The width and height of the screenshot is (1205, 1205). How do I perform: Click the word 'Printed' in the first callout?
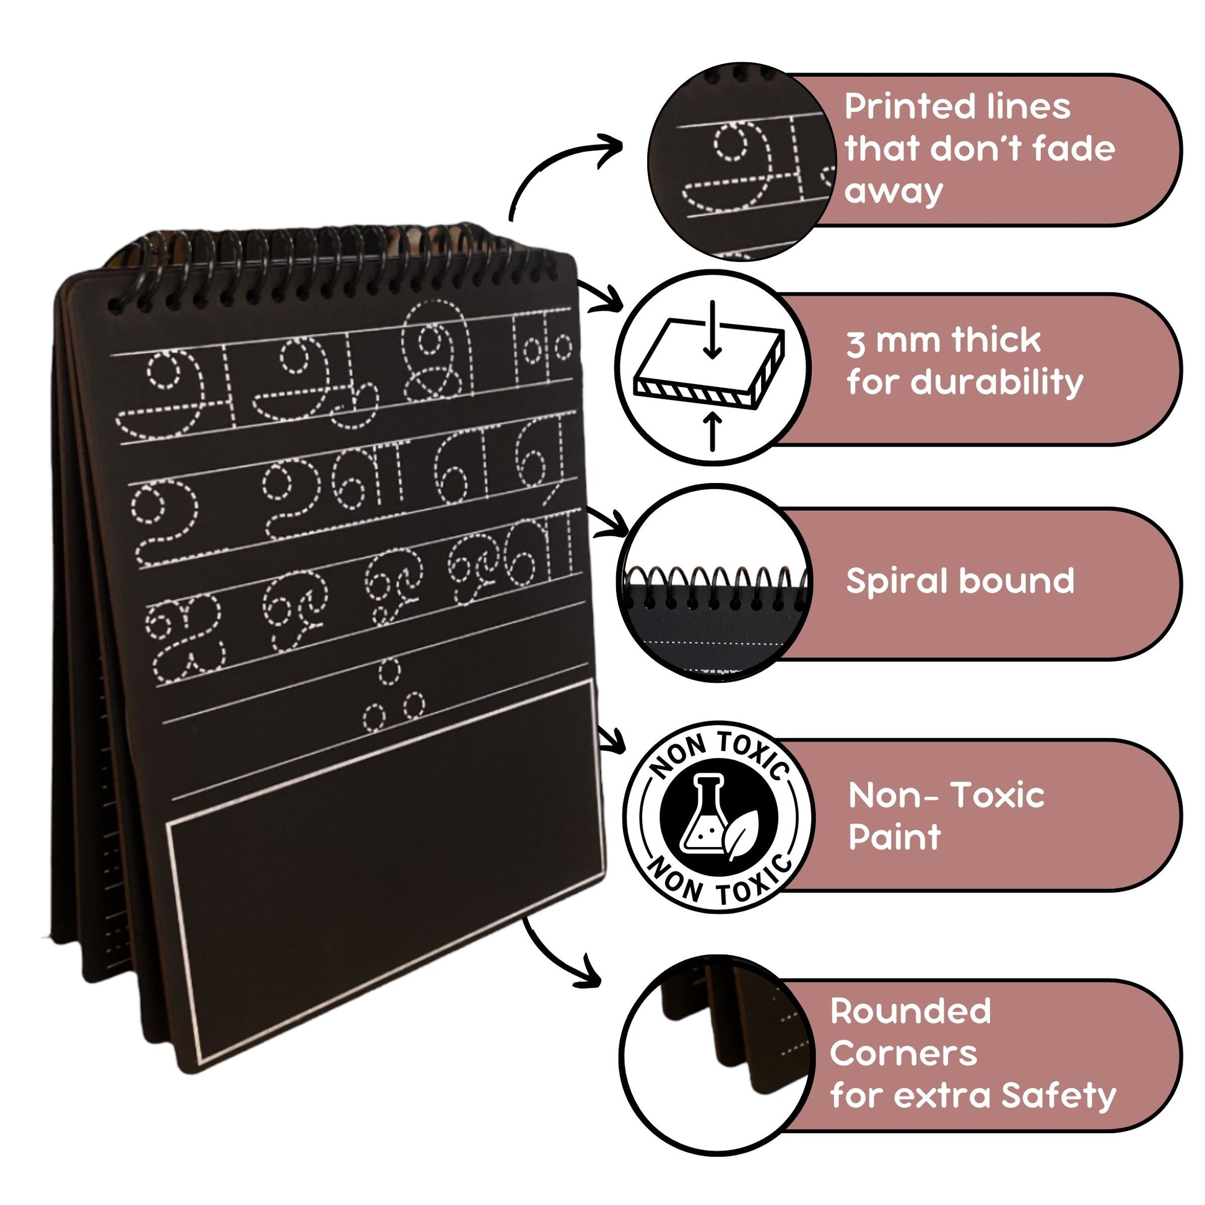pyautogui.click(x=902, y=108)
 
